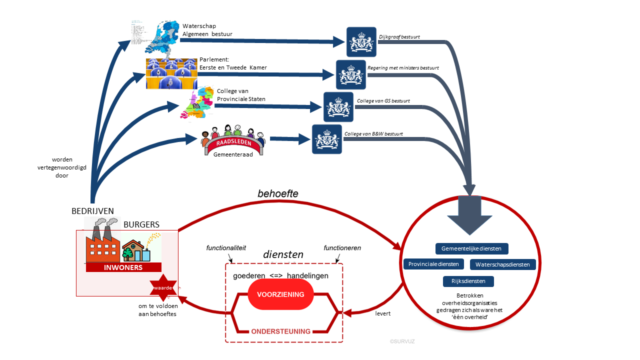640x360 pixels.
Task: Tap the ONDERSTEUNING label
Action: [280, 331]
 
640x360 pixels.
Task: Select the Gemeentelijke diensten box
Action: [472, 248]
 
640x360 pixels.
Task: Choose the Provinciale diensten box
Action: [434, 264]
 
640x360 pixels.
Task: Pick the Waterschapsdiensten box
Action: [503, 264]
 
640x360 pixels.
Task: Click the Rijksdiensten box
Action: [468, 281]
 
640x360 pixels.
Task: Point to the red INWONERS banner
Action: [123, 267]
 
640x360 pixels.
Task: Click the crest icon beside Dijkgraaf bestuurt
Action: [361, 42]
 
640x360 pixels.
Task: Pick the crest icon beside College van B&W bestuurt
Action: [327, 139]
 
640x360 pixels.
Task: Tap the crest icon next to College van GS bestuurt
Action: [338, 107]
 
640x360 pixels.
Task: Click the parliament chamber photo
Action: [171, 73]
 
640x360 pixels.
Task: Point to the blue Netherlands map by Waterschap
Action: [161, 36]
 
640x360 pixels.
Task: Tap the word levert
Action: [382, 313]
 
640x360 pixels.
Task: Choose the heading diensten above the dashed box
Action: [283, 254]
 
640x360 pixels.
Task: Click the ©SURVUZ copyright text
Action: [402, 341]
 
